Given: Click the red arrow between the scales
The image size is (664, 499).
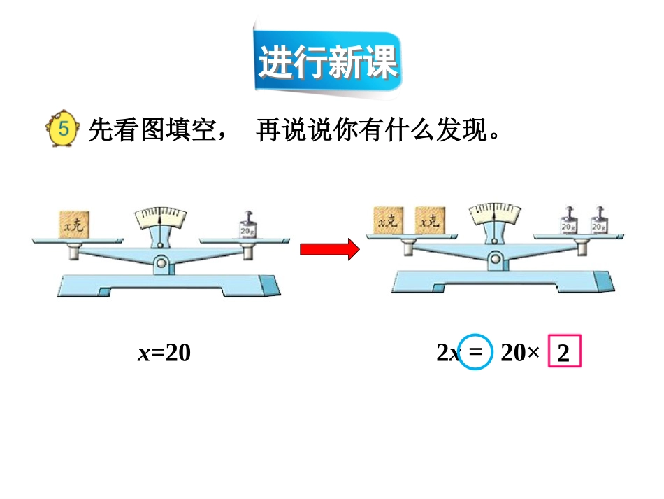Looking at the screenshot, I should point(329,249).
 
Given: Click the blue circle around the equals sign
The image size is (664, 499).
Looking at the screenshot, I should point(475,353).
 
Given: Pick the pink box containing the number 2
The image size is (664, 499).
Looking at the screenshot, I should point(565,353).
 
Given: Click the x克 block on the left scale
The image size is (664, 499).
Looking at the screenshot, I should point(73,224).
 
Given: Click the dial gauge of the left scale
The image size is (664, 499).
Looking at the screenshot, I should point(161,218).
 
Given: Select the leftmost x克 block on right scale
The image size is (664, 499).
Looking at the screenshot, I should point(389,220).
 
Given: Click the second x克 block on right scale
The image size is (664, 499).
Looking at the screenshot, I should point(430,220).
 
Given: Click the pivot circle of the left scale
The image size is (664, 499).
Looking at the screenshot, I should point(161,263).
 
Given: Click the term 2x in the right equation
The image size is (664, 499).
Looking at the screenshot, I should point(448,353).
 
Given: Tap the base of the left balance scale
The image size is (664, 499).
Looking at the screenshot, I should point(168,285).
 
